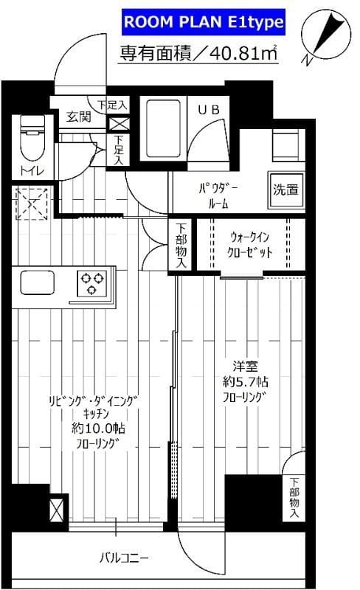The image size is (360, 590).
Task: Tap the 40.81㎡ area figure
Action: [x=241, y=53]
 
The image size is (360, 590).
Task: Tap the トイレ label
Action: [x=31, y=172]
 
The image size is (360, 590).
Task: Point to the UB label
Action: [x=207, y=109]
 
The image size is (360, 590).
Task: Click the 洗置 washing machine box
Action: [x=287, y=189]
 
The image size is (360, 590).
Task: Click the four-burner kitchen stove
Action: [x=93, y=283]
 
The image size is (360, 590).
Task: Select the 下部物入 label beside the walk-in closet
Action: [x=181, y=246]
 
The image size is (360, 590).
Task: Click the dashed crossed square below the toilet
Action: [x=30, y=202]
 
